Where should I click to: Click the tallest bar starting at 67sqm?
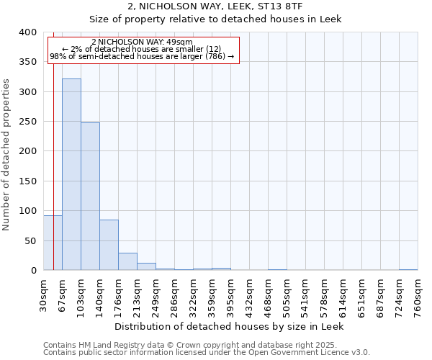coord(71,174)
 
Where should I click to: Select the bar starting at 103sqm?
coord(90,197)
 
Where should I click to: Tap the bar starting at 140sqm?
coord(109,245)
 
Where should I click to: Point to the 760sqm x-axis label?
coord(418,296)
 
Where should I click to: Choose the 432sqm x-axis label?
coord(250,296)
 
